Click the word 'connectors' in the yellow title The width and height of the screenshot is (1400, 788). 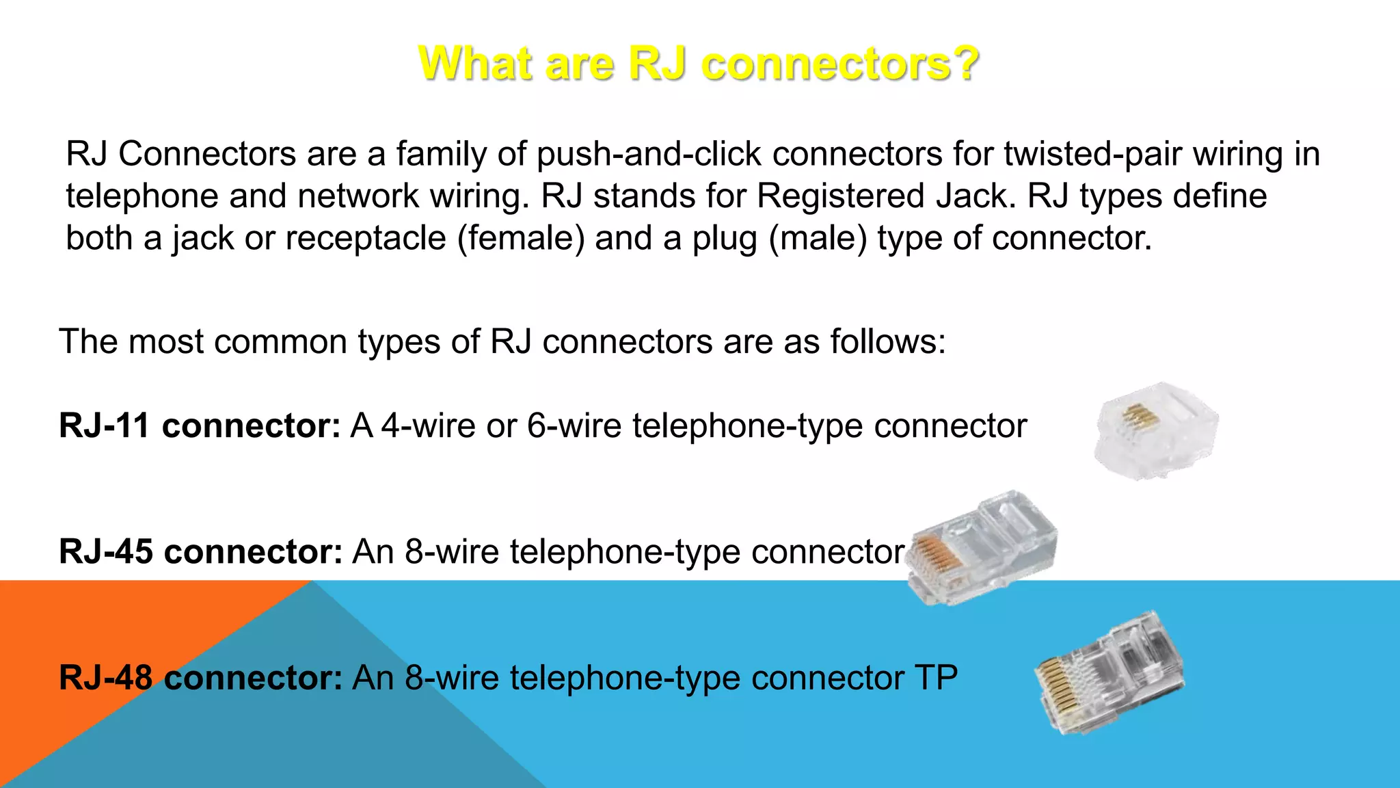point(825,64)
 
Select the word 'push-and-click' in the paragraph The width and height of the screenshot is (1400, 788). point(649,154)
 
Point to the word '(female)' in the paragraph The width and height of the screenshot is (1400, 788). point(521,239)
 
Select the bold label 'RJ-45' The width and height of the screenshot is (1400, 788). point(106,551)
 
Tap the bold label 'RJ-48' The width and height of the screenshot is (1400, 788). point(106,678)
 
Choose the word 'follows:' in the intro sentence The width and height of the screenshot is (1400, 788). point(888,341)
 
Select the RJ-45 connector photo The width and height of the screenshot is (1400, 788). point(984,547)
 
